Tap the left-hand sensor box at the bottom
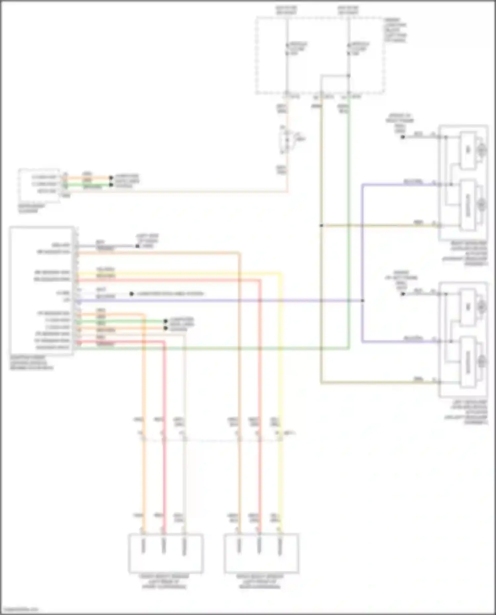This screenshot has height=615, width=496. (165, 553)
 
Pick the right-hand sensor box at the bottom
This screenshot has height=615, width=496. (261, 553)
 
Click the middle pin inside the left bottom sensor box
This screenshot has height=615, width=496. (163, 546)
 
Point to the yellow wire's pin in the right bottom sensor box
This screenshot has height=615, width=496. (280, 546)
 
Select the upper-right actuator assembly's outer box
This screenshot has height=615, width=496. (463, 183)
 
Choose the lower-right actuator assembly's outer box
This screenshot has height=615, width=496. (463, 339)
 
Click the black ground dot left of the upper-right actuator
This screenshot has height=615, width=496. (403, 137)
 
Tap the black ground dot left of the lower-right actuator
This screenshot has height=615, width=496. (403, 294)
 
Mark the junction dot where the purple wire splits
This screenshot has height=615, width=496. (363, 300)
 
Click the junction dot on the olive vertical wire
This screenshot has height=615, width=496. (321, 226)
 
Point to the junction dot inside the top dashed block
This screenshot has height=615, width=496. (348, 76)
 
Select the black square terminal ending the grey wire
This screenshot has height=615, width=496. (137, 246)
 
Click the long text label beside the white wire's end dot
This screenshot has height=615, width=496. (170, 294)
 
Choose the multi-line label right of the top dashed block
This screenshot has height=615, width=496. (395, 30)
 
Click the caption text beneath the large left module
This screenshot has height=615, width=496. (31, 363)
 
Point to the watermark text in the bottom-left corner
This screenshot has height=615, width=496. (20, 609)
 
